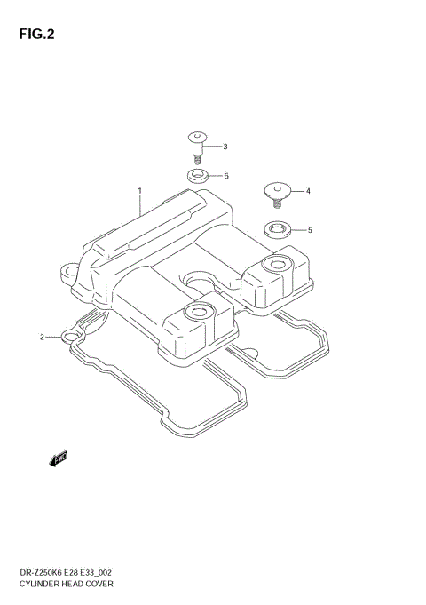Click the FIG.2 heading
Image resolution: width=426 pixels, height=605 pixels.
[x=36, y=35]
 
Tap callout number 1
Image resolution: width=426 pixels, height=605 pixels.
[x=140, y=191]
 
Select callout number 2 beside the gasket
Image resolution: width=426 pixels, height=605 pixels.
[x=42, y=338]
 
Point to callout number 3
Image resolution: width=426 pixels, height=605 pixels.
[x=225, y=147]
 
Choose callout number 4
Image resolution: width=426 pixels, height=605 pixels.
[x=308, y=191]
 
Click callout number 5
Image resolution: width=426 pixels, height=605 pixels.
[x=310, y=230]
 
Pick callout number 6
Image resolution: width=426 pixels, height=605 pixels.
[x=226, y=176]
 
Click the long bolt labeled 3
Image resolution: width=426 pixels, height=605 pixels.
[x=197, y=147]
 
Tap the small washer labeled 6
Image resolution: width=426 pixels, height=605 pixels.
[x=198, y=177]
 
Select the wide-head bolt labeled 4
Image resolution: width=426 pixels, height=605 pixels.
[x=277, y=195]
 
